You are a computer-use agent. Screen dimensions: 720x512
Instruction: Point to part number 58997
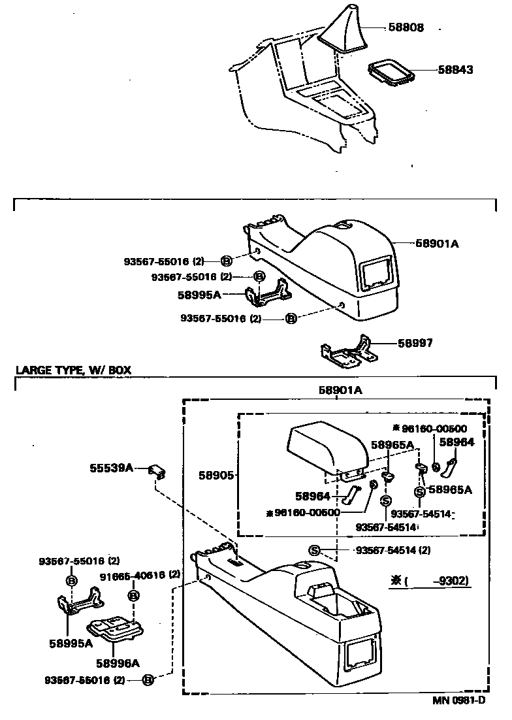click(x=415, y=342)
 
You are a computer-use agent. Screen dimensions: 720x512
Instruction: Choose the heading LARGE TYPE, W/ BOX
click(x=73, y=370)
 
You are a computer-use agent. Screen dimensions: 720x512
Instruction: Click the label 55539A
click(x=111, y=468)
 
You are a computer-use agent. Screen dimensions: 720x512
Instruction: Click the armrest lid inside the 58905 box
click(x=325, y=448)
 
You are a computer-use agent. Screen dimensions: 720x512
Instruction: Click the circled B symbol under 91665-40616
click(x=133, y=595)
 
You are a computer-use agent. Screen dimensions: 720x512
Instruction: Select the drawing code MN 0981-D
click(x=458, y=701)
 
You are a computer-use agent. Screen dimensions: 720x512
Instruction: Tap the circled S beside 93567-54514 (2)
click(x=313, y=550)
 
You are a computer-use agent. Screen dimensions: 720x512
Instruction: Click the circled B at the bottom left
click(x=148, y=680)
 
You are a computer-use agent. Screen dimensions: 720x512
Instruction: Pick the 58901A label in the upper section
click(x=438, y=244)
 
